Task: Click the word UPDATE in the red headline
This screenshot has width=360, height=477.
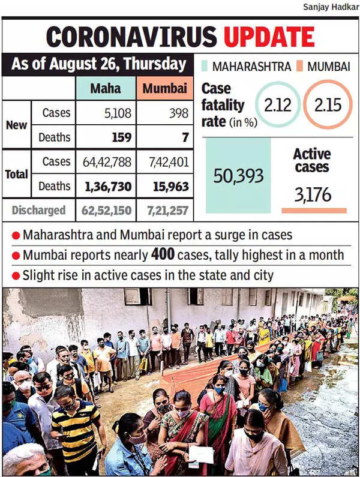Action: click(269, 37)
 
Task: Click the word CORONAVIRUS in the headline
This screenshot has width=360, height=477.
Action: click(133, 37)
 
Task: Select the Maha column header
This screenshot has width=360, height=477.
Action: click(105, 89)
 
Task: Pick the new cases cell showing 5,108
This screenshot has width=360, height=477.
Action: click(105, 113)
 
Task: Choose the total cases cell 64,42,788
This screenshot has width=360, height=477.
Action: click(105, 162)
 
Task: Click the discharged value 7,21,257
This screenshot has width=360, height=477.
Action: click(163, 211)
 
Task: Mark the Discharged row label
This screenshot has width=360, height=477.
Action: click(38, 211)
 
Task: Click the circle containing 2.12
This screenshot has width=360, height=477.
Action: click(278, 106)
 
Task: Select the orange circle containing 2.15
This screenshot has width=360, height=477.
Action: click(328, 106)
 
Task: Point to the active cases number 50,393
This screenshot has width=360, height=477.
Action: click(238, 176)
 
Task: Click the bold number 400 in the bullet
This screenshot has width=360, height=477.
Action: click(162, 255)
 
